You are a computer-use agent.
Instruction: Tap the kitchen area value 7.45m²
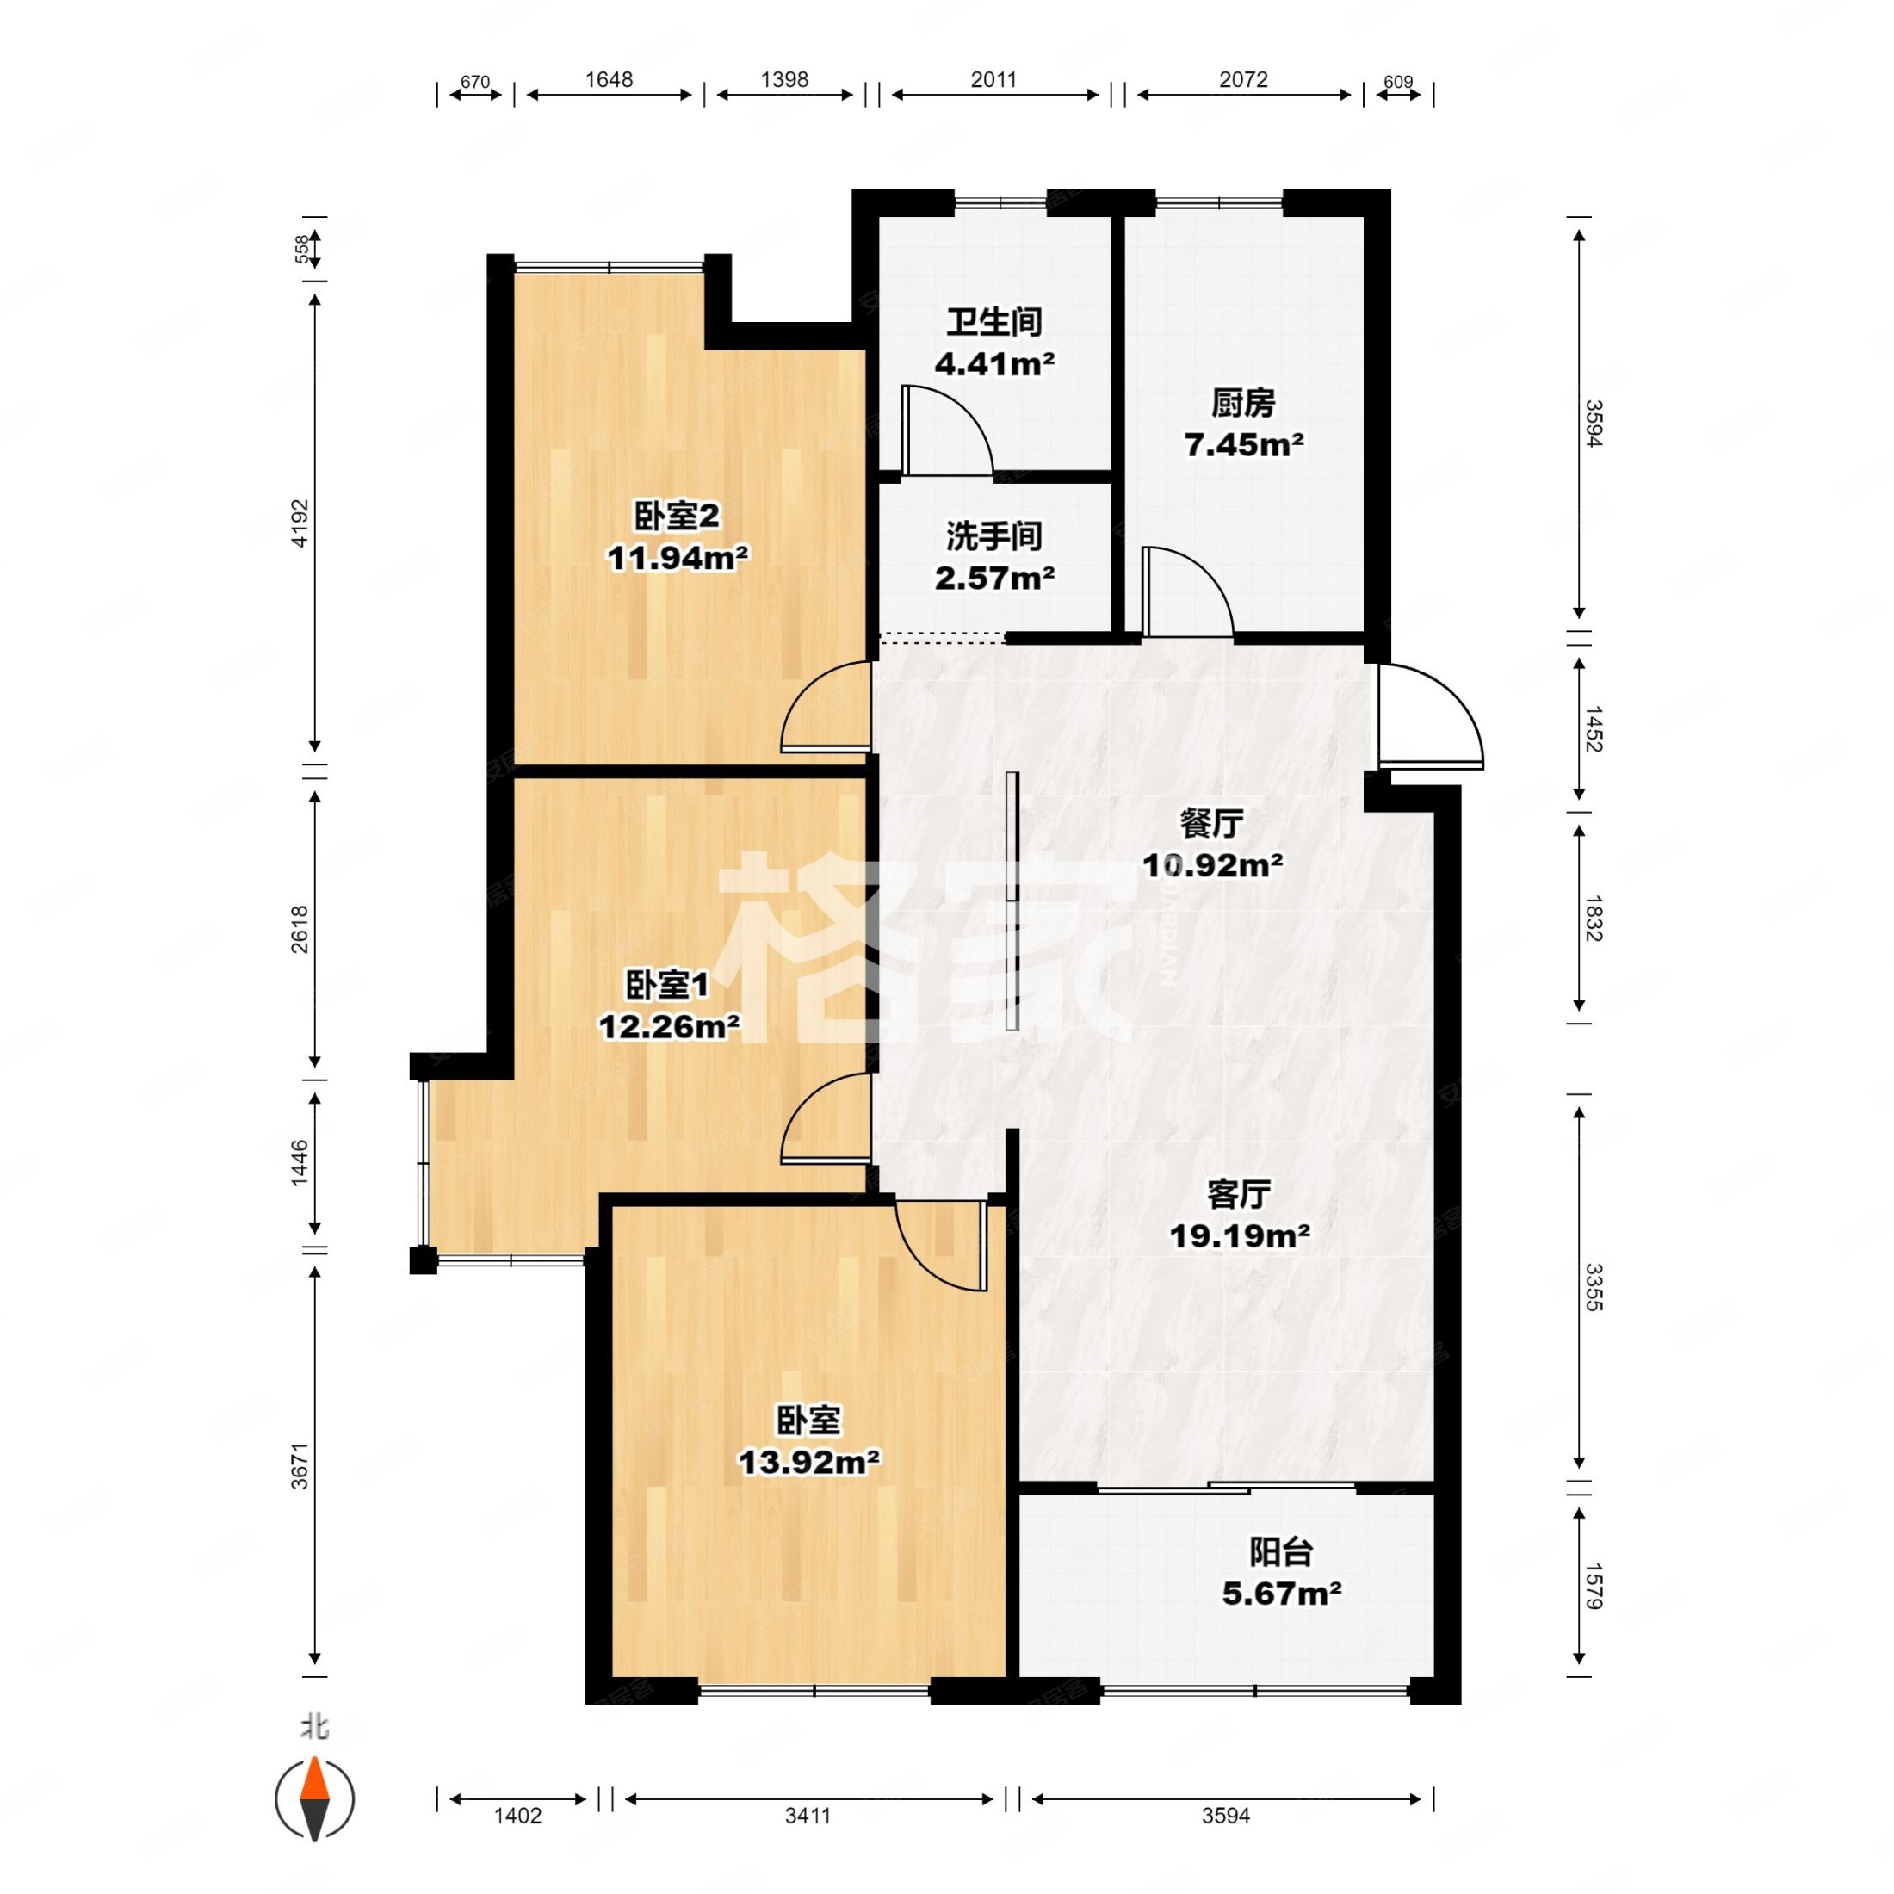tap(1243, 445)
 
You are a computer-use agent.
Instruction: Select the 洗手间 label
tap(993, 536)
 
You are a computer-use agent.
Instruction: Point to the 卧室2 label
tap(678, 516)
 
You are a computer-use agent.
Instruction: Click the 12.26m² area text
tap(670, 1026)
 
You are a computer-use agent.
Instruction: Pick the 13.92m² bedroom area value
tap(808, 1462)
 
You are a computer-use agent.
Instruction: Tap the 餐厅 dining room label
tap(1211, 824)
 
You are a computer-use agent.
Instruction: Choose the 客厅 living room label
tap(1239, 1194)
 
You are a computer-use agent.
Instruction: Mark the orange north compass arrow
tap(315, 1789)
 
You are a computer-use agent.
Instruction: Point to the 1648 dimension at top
tap(609, 79)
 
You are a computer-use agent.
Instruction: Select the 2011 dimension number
tap(993, 79)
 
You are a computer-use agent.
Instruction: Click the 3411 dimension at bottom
tap(808, 1816)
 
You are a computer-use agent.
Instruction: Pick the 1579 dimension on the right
tap(1592, 1584)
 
